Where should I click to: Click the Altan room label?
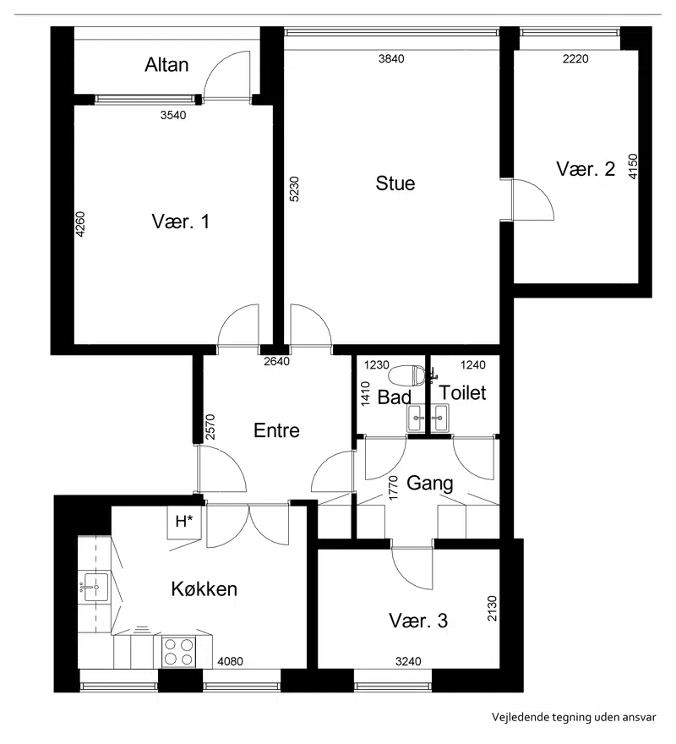coord(166,64)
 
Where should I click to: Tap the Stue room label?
coord(395,183)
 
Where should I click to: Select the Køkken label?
coord(204,588)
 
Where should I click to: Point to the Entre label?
coord(276,430)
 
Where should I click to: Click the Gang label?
coord(430,484)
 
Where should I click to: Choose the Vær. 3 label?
coord(418,621)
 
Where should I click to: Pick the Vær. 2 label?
coord(586,169)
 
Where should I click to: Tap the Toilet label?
coord(462,393)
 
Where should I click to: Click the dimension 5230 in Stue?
coord(294,189)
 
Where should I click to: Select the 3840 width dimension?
coord(391,59)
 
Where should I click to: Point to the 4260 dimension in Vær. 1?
coord(80,224)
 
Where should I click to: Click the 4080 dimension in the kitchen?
coord(230,661)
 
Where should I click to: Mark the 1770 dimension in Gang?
coord(393,489)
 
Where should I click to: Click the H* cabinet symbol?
coord(184,522)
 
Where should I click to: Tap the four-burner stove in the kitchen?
coord(178,652)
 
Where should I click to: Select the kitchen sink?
coord(95,587)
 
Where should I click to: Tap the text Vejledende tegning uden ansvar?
coord(574,717)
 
